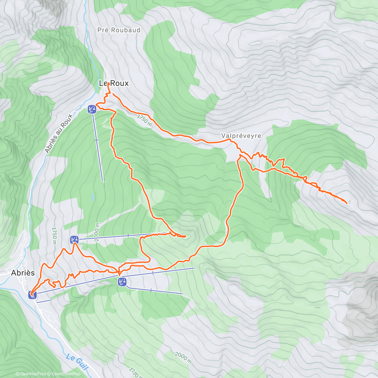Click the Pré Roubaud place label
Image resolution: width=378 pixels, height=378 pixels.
point(119,30)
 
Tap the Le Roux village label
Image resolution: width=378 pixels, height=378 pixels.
point(114,83)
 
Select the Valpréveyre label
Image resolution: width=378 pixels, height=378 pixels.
point(241,136)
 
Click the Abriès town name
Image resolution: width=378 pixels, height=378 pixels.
point(23,273)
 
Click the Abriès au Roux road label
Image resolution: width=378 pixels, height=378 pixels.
point(59,134)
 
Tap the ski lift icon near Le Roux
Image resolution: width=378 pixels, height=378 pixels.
point(92,109)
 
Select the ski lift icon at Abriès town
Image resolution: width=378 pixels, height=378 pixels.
point(32,295)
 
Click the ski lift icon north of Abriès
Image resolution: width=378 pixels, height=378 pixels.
point(74,240)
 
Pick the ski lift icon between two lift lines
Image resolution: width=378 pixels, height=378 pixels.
point(122,282)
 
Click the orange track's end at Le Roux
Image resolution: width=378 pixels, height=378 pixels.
point(108,84)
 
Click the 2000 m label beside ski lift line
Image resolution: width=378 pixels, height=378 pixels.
point(97,232)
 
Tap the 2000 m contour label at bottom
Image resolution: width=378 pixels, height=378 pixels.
point(183,357)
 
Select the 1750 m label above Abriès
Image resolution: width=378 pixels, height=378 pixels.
point(54,236)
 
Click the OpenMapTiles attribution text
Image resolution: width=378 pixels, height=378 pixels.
point(31,374)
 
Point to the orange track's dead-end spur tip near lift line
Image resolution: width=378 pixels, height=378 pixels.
point(186,236)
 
